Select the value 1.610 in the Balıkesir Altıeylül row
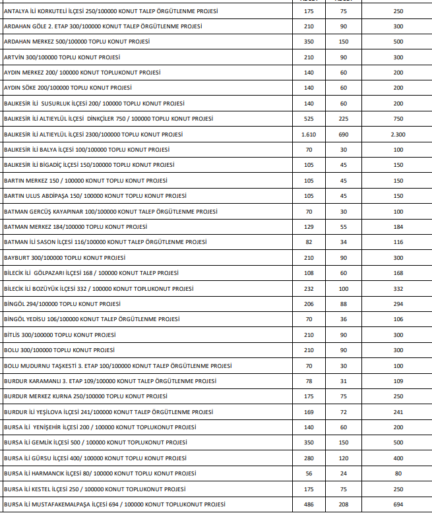point(309,134)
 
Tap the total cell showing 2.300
point(398,134)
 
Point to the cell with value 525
point(309,119)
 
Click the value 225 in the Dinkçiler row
point(343,119)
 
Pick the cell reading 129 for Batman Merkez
point(309,226)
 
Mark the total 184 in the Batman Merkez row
point(398,226)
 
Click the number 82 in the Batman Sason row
point(309,242)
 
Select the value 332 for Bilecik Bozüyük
point(398,288)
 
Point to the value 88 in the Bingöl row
point(343,303)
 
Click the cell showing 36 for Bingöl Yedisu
point(343,319)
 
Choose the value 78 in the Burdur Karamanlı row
point(309,380)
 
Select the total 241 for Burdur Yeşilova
point(398,411)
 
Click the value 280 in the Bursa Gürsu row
point(309,458)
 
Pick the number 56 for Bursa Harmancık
point(309,473)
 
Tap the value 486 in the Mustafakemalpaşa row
point(309,504)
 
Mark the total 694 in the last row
point(398,504)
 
